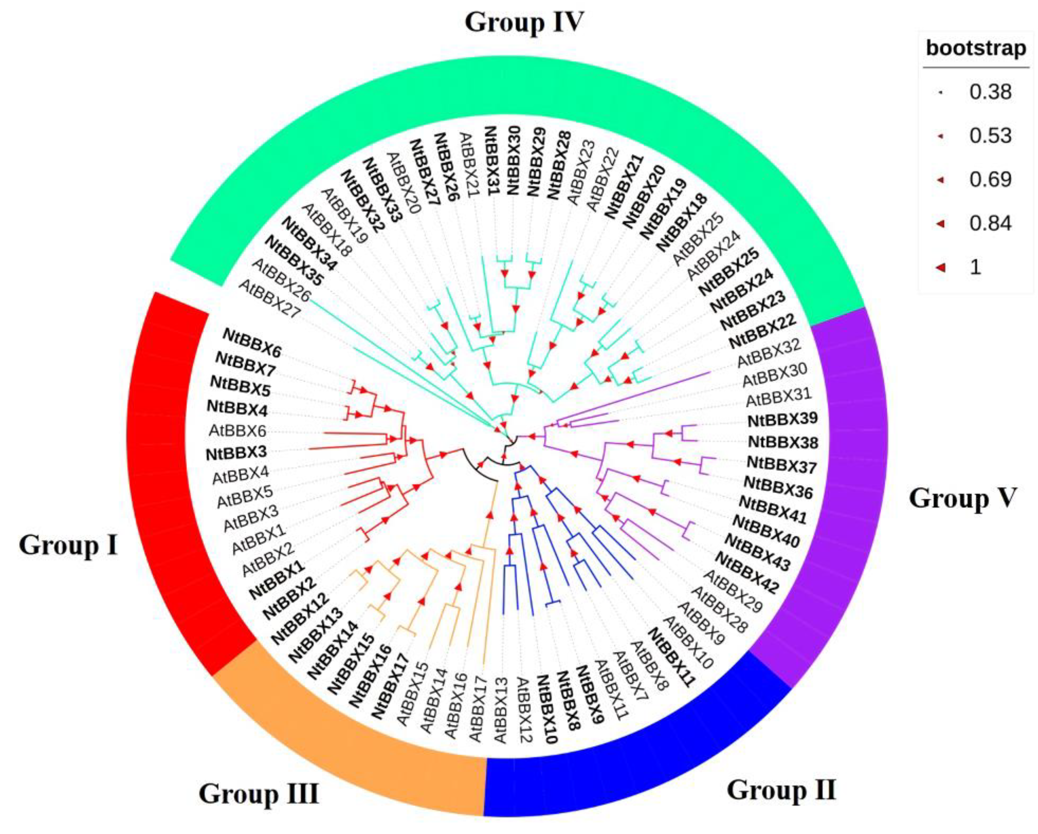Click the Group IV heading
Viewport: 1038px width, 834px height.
(x=524, y=23)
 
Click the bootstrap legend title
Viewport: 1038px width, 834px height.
(x=976, y=48)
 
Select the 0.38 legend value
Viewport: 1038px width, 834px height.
(x=990, y=92)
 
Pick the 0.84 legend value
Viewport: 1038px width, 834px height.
(x=990, y=223)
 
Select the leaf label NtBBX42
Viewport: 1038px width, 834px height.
(x=746, y=573)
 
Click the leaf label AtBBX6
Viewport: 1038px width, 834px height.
(x=237, y=431)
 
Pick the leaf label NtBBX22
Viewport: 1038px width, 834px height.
(x=762, y=331)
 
